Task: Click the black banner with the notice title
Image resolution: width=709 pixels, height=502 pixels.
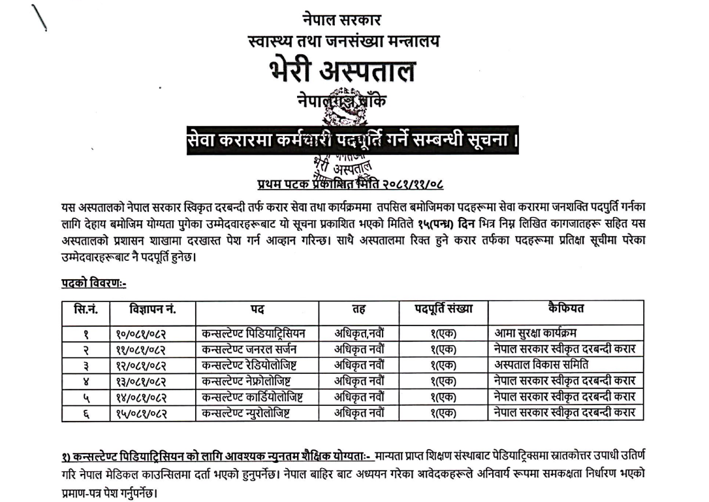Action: (x=353, y=141)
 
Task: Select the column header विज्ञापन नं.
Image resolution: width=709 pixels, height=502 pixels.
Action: (x=144, y=309)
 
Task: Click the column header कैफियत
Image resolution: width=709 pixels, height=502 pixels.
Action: (x=566, y=309)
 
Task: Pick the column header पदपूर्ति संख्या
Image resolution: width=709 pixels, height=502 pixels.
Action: (x=443, y=309)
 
